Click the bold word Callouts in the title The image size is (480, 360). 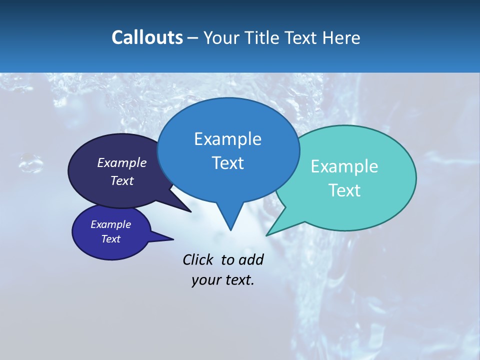point(147,37)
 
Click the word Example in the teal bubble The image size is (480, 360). point(344,166)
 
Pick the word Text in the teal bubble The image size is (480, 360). point(344,190)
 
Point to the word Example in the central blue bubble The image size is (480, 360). point(227,139)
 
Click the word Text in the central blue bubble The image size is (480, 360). point(227,163)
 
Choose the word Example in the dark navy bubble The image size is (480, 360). point(122,162)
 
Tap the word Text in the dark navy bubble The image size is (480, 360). point(122,180)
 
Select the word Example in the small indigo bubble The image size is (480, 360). point(110,224)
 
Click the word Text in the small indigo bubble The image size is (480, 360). point(110,239)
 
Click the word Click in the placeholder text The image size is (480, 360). point(197,259)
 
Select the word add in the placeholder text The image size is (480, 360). point(251,259)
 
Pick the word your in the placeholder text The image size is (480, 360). point(206,280)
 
